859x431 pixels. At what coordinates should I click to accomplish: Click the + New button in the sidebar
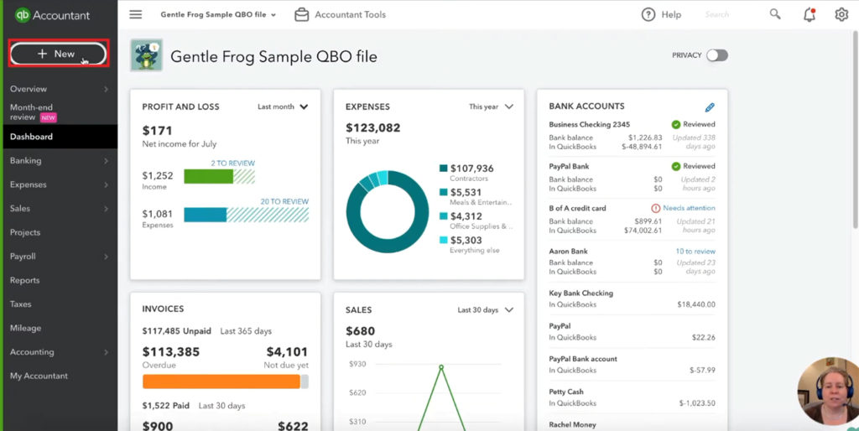(57, 54)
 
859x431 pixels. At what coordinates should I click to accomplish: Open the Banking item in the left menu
(26, 161)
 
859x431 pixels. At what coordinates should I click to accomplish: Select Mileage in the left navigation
(26, 329)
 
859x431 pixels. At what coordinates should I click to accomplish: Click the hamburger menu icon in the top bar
(136, 14)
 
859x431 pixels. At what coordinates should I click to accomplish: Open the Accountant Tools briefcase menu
(340, 14)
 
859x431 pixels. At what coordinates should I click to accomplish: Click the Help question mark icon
(648, 14)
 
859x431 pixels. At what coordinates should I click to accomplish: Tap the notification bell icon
(809, 14)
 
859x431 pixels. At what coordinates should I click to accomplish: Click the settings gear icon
(841, 14)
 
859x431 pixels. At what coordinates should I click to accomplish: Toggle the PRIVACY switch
(716, 55)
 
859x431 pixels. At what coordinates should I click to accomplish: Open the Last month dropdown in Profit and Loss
(283, 107)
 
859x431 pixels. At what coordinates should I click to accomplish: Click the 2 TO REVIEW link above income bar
(232, 164)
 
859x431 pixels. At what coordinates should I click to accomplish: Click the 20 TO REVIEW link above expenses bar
(284, 202)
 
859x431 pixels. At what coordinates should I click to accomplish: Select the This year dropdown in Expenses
(491, 107)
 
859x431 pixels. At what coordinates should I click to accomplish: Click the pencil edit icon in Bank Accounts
(710, 107)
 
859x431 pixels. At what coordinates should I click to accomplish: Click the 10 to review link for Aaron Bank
(695, 252)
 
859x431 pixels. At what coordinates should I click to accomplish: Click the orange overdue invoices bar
(221, 382)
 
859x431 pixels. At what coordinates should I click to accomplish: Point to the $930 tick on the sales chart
(357, 364)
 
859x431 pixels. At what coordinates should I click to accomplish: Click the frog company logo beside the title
(147, 55)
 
